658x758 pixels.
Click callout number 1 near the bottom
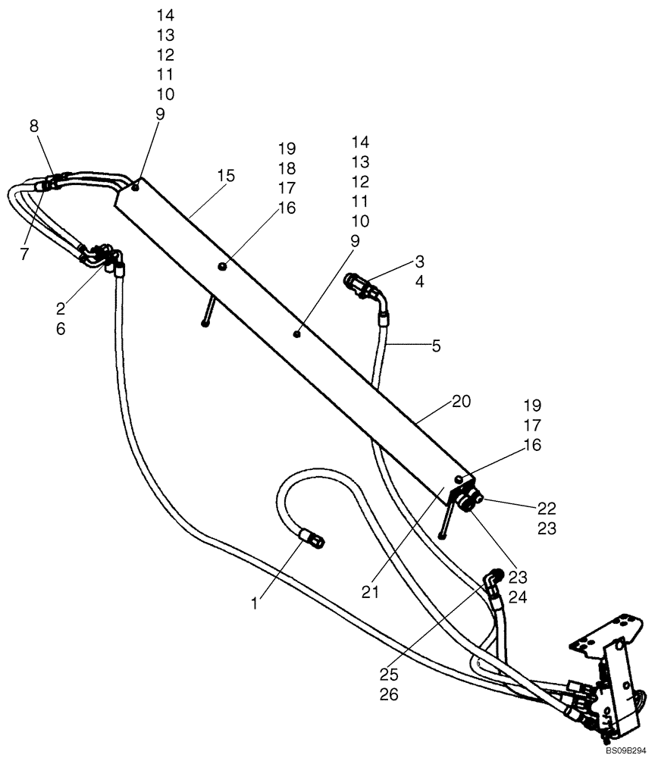pos(255,603)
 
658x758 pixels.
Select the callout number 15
pos(225,176)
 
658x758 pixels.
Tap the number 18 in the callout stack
pos(287,168)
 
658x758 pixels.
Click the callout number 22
pos(547,508)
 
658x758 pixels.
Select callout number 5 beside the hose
pos(435,346)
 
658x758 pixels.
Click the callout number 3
pos(418,262)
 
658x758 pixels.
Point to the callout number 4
pos(418,283)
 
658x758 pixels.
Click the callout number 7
pos(24,255)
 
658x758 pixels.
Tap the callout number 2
pos(61,309)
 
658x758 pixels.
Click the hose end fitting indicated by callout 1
pos(312,539)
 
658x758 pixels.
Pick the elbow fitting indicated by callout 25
pos(491,581)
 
